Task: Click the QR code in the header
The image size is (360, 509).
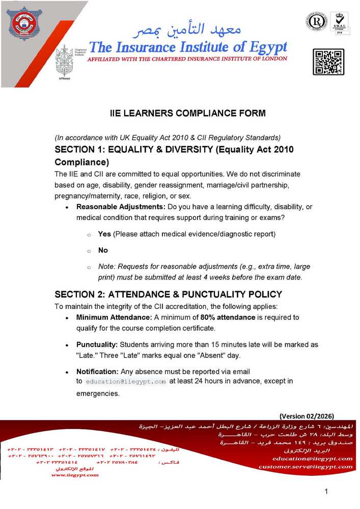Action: (328, 62)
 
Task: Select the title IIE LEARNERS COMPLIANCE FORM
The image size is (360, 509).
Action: (188, 114)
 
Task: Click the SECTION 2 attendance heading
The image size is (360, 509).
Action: (168, 294)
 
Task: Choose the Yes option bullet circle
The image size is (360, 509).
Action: (89, 235)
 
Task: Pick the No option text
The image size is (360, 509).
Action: (103, 250)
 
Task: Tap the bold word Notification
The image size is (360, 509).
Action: (97, 372)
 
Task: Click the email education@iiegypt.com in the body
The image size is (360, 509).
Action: (126, 381)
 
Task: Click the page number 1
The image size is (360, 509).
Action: (326, 491)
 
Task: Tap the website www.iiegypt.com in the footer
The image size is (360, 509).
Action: (75, 475)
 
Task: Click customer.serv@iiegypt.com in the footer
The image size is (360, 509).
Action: (305, 466)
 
